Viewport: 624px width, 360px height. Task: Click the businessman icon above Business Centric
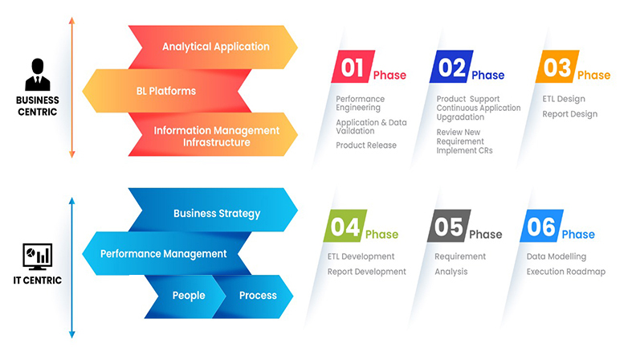click(38, 75)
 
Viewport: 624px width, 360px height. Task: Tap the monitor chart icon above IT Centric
click(38, 257)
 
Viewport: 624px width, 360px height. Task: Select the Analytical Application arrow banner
click(213, 47)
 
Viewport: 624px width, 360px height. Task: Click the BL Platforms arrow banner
click(167, 91)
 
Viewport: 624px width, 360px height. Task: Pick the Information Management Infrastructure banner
click(213, 134)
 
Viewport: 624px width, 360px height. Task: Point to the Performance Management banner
click(167, 253)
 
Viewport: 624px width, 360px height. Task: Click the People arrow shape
click(186, 297)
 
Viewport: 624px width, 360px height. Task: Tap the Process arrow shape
click(254, 297)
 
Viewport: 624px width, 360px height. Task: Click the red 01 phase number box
click(353, 67)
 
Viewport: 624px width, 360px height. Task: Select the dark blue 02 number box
click(451, 67)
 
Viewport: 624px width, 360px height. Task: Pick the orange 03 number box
click(557, 67)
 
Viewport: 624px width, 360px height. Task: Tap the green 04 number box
click(345, 226)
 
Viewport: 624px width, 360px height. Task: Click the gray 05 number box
click(449, 226)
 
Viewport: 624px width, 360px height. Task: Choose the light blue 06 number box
click(541, 226)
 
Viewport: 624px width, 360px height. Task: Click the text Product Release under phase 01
click(366, 145)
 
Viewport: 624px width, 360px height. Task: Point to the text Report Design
click(570, 114)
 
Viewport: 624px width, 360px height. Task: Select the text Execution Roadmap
click(566, 272)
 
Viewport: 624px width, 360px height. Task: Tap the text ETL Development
click(361, 256)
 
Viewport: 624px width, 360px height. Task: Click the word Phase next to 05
click(486, 234)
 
